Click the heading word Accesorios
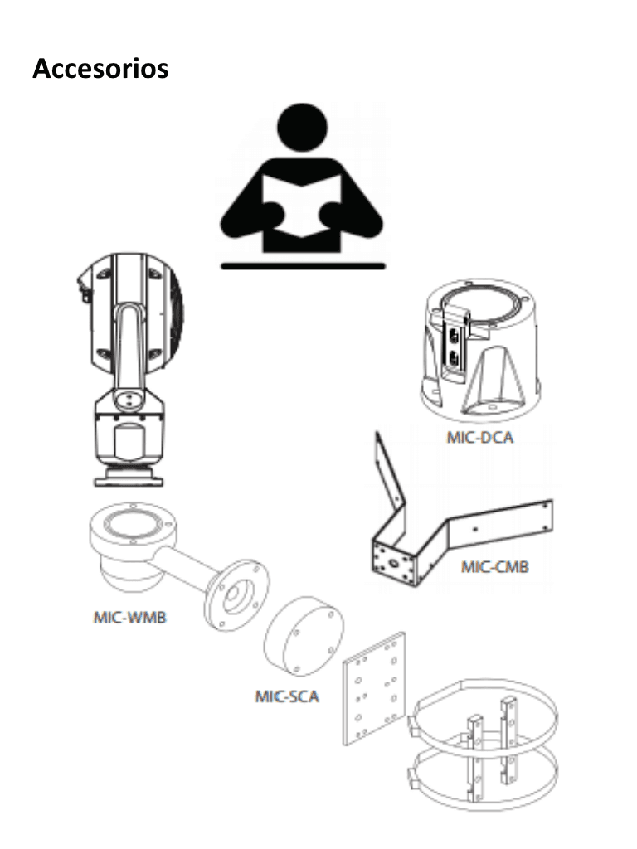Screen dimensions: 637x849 click(x=100, y=69)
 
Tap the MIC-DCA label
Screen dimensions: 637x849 click(x=480, y=437)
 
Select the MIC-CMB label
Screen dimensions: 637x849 click(x=495, y=567)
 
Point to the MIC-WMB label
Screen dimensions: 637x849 click(x=130, y=617)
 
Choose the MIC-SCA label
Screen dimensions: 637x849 click(x=287, y=696)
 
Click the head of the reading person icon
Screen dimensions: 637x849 click(x=302, y=128)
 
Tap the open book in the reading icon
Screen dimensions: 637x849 click(x=302, y=206)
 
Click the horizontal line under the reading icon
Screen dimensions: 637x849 click(x=303, y=266)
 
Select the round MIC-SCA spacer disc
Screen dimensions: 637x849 click(x=304, y=636)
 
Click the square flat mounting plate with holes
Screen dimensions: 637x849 click(x=374, y=689)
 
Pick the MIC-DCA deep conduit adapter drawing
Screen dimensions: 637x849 click(x=480, y=352)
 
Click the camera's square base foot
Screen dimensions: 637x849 click(x=129, y=477)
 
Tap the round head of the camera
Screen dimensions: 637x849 click(x=130, y=313)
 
